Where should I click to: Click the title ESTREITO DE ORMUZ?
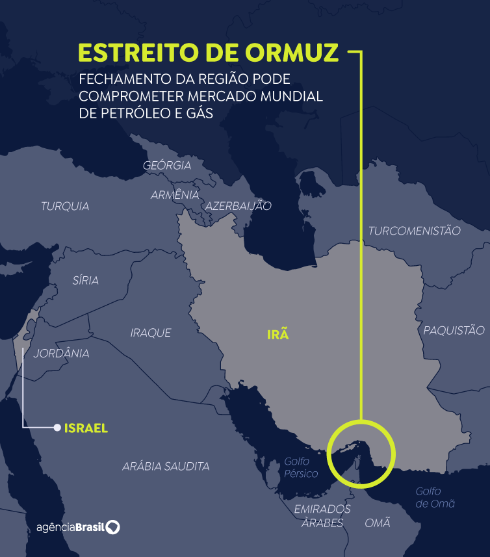(209, 53)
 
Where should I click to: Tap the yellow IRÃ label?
(277, 335)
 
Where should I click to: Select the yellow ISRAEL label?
(86, 428)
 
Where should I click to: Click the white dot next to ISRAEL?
(57, 428)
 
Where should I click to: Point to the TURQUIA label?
(65, 207)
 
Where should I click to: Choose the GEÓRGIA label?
(167, 166)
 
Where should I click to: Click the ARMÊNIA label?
(175, 195)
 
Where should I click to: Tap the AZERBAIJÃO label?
(239, 206)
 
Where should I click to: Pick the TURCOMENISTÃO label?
(414, 231)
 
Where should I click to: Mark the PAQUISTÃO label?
(454, 330)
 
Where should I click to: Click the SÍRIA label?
(86, 281)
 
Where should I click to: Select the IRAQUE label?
(151, 333)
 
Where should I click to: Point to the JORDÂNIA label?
(61, 354)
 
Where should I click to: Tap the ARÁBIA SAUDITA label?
(166, 466)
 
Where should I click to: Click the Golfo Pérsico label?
(301, 468)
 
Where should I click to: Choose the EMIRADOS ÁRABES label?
(322, 516)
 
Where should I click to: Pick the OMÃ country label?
(378, 523)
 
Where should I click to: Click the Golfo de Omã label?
(435, 497)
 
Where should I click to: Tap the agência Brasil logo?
(78, 526)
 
